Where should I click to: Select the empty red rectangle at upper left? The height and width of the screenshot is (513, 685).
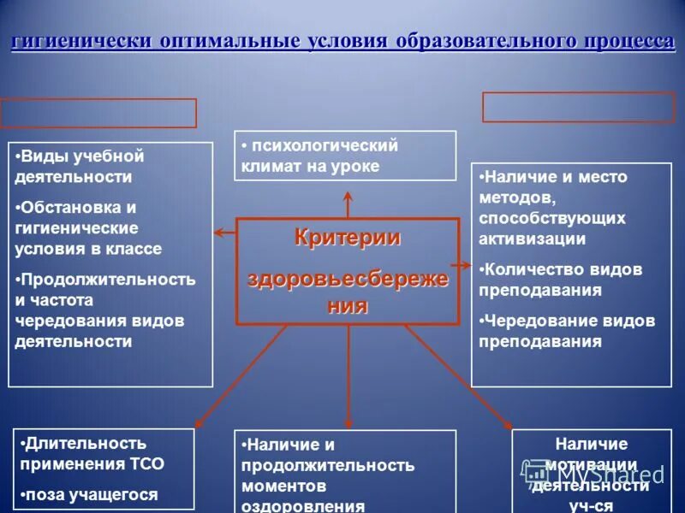[x=98, y=113]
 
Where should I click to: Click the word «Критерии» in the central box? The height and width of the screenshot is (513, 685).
[x=348, y=237]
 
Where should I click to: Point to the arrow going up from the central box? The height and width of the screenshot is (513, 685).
[x=348, y=205]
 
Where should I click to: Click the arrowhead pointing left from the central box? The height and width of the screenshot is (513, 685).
[x=218, y=232]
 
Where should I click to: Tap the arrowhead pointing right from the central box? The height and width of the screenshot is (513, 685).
[x=466, y=266]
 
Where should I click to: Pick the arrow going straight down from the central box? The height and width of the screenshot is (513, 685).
[x=348, y=376]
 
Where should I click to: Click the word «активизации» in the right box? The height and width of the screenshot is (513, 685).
[x=533, y=239]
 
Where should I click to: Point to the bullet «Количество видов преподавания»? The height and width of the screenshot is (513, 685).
[x=561, y=280]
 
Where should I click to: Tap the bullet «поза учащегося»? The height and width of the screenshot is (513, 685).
[x=91, y=494]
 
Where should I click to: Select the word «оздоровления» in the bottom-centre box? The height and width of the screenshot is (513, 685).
[x=303, y=505]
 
